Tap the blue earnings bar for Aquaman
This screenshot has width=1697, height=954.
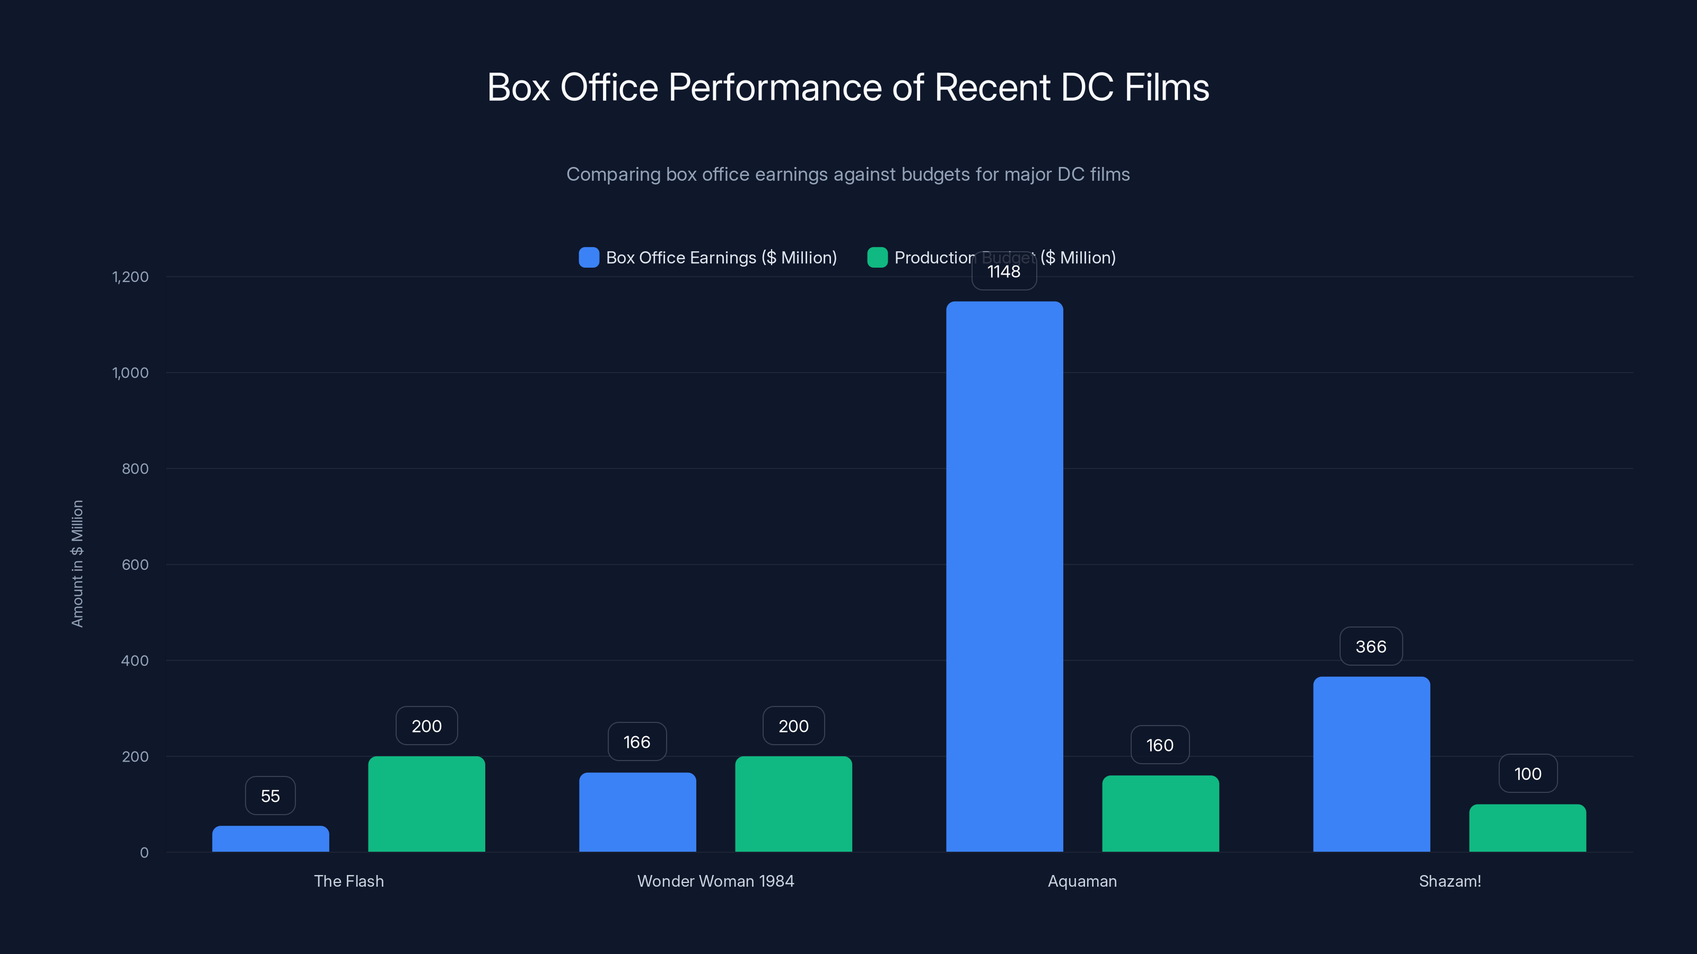[1004, 576]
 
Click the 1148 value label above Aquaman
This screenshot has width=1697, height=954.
[1004, 272]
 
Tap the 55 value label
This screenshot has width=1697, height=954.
[270, 796]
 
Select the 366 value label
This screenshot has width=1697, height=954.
[1371, 647]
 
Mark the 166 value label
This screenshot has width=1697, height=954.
[637, 742]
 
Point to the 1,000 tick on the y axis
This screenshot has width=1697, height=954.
[130, 373]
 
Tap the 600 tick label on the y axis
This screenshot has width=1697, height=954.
[135, 564]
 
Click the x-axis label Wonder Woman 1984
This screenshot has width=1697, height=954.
[715, 881]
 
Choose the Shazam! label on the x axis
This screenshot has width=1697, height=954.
[1449, 881]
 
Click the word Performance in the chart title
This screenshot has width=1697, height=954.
[774, 87]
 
